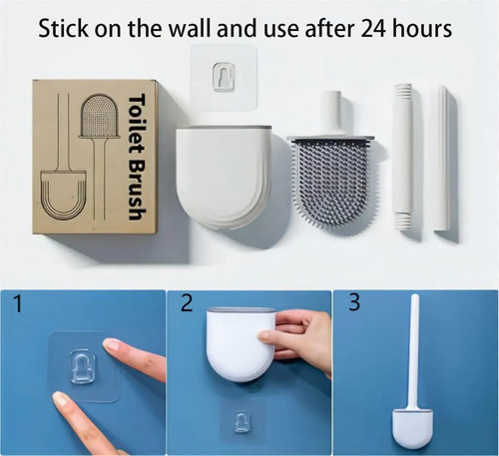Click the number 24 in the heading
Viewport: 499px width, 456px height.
click(372, 29)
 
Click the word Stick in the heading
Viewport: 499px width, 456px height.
click(64, 28)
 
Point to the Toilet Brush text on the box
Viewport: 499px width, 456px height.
click(137, 157)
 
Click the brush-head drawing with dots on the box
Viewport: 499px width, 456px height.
click(99, 116)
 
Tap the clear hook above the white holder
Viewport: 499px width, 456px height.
click(224, 76)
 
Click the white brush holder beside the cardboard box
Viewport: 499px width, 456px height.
click(224, 177)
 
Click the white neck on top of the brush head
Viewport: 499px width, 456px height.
click(331, 113)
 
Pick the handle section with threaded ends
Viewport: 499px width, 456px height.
click(404, 157)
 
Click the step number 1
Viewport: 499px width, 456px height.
click(18, 304)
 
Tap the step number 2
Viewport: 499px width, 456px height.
click(187, 303)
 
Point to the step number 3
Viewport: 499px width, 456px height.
click(354, 302)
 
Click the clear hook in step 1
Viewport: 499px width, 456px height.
click(82, 366)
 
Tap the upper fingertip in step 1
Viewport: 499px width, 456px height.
click(112, 344)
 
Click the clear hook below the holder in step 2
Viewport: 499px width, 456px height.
click(241, 422)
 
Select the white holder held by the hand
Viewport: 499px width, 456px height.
click(241, 344)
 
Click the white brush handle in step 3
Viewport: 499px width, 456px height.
click(414, 352)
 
